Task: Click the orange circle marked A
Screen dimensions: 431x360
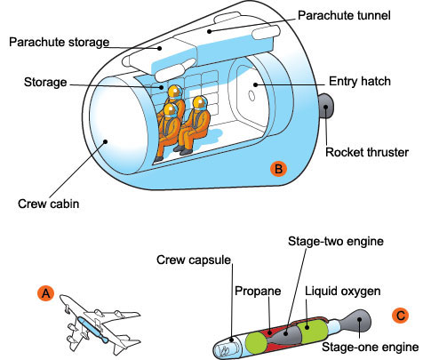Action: (x=46, y=293)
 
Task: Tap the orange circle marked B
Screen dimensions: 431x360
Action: (x=278, y=169)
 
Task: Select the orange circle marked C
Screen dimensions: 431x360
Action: (x=400, y=315)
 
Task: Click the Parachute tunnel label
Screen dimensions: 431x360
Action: (x=344, y=15)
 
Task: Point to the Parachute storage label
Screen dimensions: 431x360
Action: (x=59, y=42)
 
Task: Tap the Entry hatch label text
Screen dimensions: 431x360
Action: (x=360, y=81)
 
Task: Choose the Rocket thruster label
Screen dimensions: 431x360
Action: (x=367, y=152)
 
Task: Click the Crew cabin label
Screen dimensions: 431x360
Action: (x=48, y=204)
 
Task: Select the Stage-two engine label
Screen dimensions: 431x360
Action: (x=336, y=241)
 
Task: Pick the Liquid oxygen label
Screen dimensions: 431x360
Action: (x=343, y=291)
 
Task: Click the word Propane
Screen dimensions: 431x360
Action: (x=258, y=291)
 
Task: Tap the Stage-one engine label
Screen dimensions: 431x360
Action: (x=371, y=347)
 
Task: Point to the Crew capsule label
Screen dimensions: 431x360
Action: (x=194, y=260)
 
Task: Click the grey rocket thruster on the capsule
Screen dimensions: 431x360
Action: (x=325, y=106)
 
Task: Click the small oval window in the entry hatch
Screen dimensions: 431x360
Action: (x=251, y=96)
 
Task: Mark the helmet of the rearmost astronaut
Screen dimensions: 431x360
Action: (x=174, y=92)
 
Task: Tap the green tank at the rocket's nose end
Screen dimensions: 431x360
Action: (x=257, y=343)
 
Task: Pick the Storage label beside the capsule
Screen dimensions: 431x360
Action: (x=45, y=82)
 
